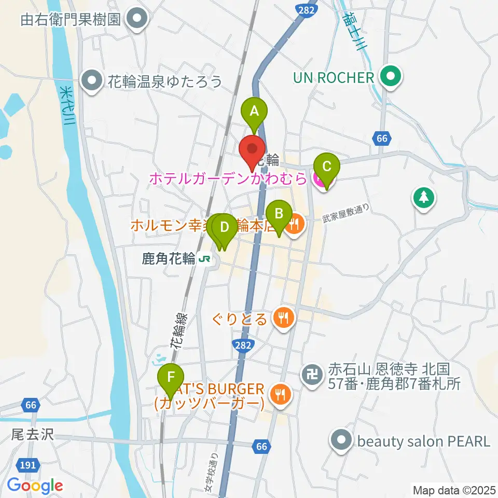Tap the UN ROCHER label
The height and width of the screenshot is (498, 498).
[x=334, y=78]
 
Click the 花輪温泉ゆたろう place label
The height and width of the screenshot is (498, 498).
[x=165, y=81]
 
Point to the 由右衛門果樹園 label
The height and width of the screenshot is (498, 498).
[x=71, y=20]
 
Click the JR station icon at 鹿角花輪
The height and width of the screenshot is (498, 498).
[x=206, y=258]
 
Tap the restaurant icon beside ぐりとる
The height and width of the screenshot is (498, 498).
[x=283, y=317]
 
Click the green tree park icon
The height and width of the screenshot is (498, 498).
[x=424, y=198]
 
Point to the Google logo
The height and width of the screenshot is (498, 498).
[x=35, y=486]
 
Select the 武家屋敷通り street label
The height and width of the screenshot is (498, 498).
[x=346, y=214]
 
